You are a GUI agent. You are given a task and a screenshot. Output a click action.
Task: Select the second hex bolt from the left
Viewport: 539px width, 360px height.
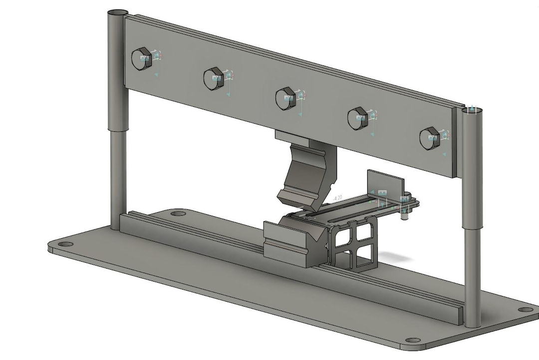tap(213, 78)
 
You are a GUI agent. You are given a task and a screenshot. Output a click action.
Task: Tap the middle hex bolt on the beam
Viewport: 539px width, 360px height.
tap(285, 98)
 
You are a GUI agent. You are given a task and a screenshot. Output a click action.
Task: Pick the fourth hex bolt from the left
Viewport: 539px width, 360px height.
tap(357, 118)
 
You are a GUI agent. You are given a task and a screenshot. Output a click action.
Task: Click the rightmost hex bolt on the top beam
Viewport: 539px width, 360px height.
tap(429, 138)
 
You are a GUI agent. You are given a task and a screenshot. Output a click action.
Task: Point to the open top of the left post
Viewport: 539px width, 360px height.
tap(118, 11)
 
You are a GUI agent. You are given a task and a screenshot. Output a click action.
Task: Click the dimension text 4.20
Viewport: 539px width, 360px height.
tap(337, 198)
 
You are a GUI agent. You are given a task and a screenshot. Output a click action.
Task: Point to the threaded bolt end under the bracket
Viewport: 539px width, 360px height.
tap(404, 215)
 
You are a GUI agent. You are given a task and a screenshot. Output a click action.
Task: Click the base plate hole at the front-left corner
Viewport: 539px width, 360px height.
tap(64, 245)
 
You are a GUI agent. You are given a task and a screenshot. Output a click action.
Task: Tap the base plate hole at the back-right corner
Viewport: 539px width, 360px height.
tap(524, 310)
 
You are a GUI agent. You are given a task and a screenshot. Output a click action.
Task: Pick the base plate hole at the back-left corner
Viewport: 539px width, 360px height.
tap(177, 214)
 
